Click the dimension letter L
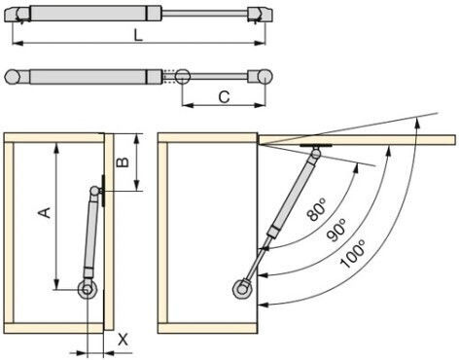[x=138, y=35]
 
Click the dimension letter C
[x=224, y=97]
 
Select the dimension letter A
[x=45, y=212]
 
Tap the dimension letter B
[x=123, y=162]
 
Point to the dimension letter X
[x=123, y=340]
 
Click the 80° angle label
[x=317, y=210]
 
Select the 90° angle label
[x=336, y=230]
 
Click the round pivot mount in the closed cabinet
[x=87, y=289]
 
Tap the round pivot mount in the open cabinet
[x=241, y=288]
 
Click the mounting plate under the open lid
[x=316, y=146]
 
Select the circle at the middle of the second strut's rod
[x=182, y=77]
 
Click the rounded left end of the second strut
[x=13, y=77]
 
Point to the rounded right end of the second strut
[x=265, y=77]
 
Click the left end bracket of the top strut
[x=18, y=15]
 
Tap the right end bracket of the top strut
[x=260, y=15]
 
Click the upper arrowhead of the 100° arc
[x=417, y=124]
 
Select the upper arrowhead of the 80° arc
[x=356, y=168]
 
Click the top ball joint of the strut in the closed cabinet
[x=94, y=191]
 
